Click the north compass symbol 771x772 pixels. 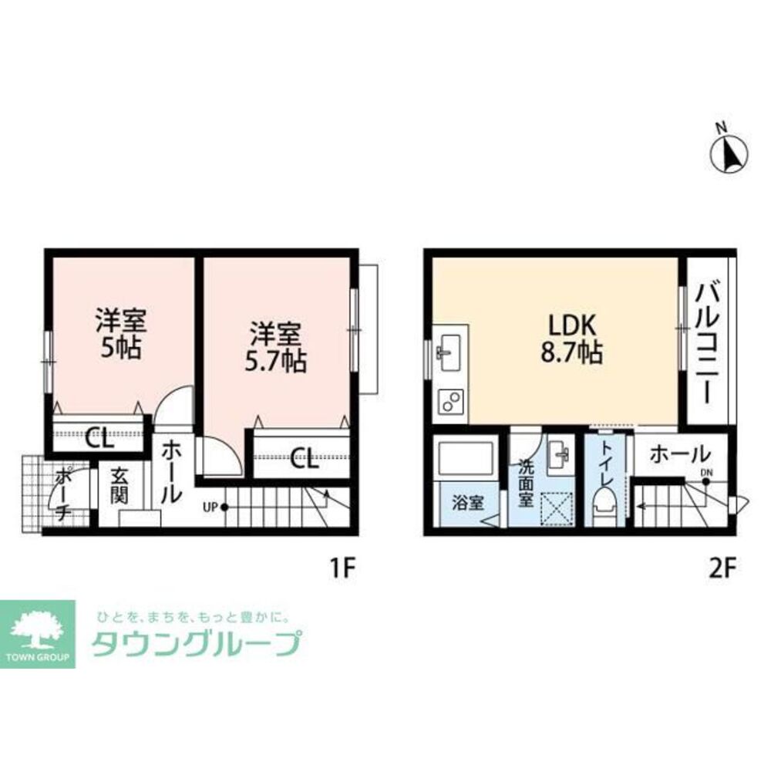(x=729, y=153)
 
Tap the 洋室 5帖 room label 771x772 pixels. (x=121, y=332)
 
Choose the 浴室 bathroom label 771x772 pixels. (x=467, y=503)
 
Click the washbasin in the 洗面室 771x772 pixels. (x=559, y=457)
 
